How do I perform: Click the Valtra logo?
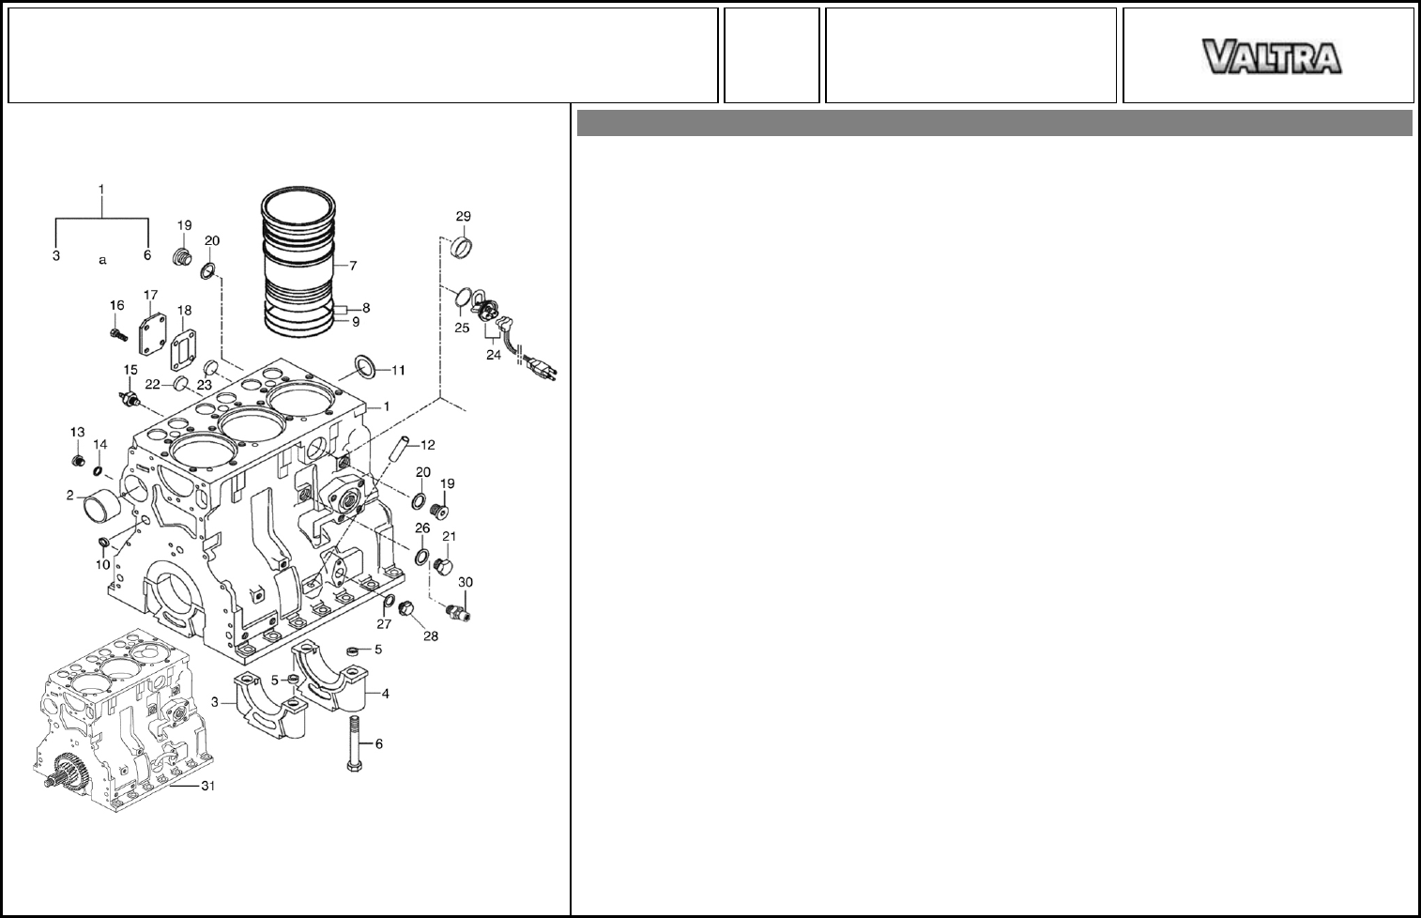tap(1273, 56)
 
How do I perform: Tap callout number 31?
tap(207, 787)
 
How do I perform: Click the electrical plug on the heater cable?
tap(543, 367)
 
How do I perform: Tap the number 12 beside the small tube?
tap(427, 444)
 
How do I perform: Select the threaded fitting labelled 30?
tap(460, 611)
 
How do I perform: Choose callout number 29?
tap(463, 217)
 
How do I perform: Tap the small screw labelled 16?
tap(118, 334)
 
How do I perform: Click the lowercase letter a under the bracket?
tap(103, 260)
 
